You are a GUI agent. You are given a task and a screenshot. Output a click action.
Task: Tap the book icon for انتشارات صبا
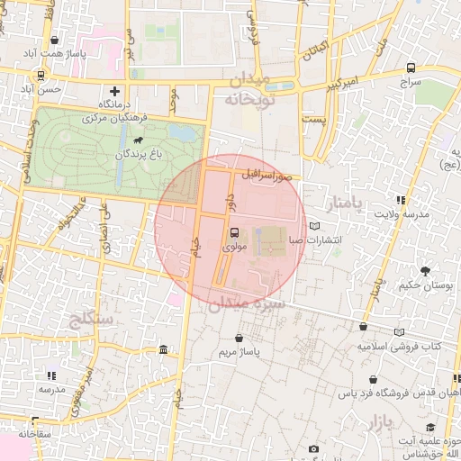[x=313, y=226]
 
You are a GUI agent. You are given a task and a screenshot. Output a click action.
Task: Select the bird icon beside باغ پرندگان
[x=137, y=141]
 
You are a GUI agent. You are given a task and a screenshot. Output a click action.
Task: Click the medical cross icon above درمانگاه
[x=114, y=91]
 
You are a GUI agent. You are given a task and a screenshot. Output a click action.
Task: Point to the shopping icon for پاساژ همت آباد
[x=56, y=41]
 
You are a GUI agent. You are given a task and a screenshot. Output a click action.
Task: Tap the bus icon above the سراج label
[x=411, y=68]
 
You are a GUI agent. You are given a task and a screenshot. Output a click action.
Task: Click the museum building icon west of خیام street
[x=162, y=349]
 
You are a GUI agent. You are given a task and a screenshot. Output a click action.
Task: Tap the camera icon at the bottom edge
[x=313, y=448]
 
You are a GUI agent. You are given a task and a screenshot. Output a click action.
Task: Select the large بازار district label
[x=383, y=420]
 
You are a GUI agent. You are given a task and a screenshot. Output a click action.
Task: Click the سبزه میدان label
[x=247, y=305]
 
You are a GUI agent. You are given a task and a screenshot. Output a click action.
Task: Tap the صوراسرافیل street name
[x=267, y=174]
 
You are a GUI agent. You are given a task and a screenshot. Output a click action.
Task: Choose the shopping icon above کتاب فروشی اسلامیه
[x=363, y=329]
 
